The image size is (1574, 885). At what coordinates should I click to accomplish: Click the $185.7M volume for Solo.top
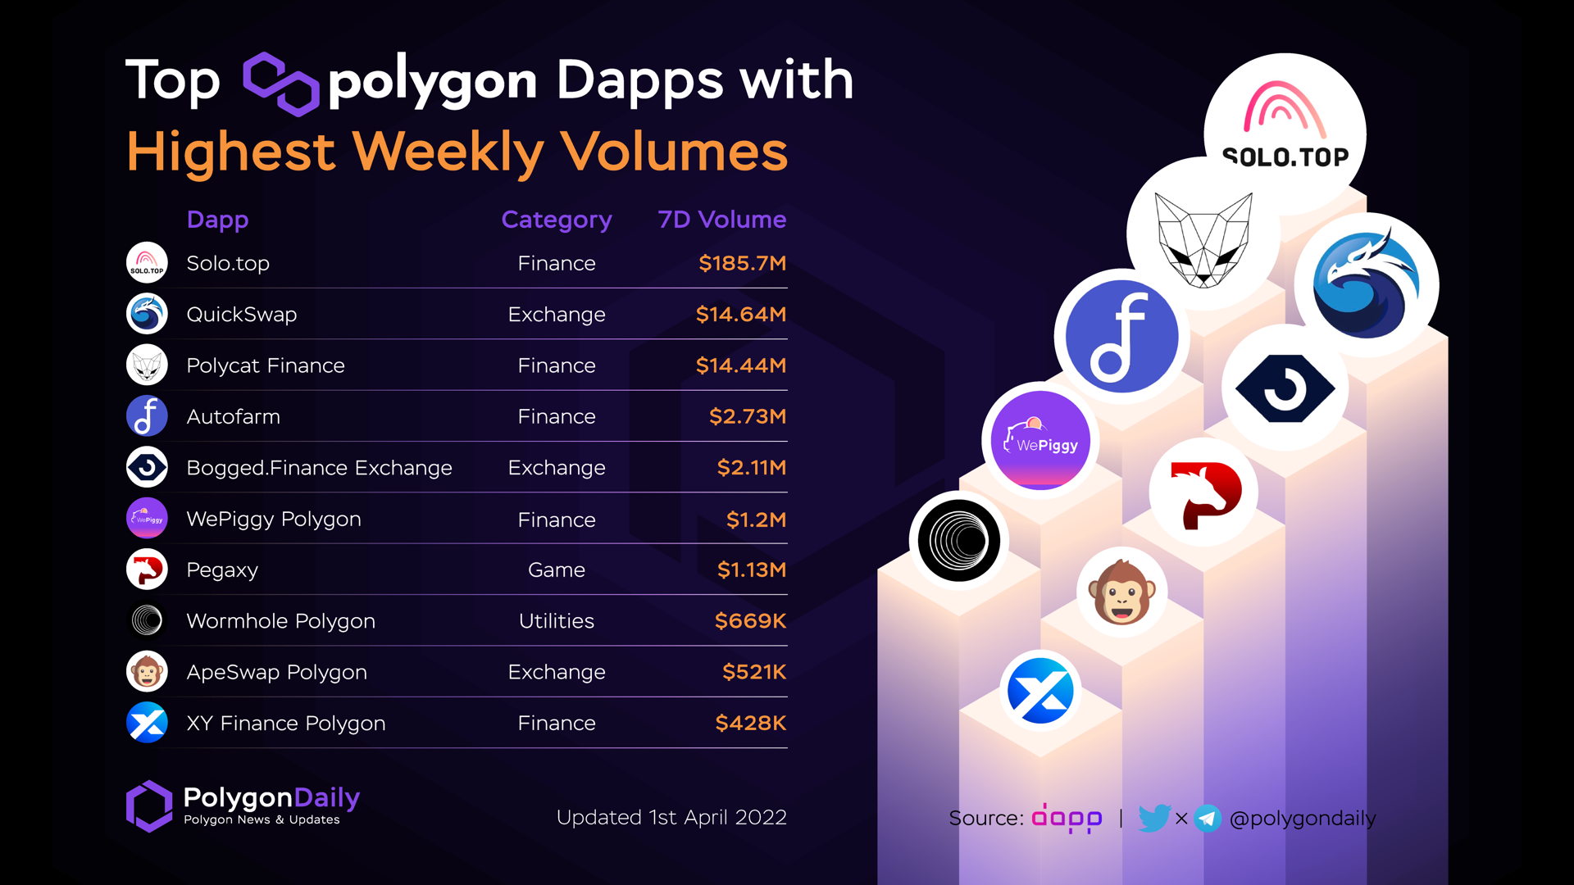pos(742,263)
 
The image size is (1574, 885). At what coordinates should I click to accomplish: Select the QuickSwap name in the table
pos(241,315)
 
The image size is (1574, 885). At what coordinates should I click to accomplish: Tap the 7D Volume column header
pos(721,220)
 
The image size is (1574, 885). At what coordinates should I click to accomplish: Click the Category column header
pos(556,220)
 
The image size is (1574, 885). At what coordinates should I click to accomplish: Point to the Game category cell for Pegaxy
pos(556,570)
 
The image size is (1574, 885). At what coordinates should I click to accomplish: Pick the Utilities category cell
pos(556,621)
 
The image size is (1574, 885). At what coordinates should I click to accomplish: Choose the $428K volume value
pos(750,723)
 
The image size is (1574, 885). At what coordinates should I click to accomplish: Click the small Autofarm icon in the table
pos(147,416)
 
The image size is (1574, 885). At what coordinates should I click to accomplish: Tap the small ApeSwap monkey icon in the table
pos(147,672)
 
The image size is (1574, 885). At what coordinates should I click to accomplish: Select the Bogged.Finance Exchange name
pos(319,468)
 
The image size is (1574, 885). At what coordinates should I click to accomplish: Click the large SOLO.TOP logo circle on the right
pos(1284,131)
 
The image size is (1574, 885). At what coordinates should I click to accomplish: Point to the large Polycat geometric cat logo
pos(1203,238)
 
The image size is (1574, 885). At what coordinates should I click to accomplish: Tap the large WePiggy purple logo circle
pos(1039,441)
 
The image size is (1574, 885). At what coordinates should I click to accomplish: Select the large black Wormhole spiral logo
pos(958,541)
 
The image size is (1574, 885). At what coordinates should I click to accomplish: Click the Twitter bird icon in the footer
pos(1153,818)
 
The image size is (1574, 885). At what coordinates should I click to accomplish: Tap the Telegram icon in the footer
pos(1207,818)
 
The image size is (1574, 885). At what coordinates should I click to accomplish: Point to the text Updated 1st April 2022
pos(671,818)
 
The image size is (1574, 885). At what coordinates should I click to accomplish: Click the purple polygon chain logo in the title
pos(280,83)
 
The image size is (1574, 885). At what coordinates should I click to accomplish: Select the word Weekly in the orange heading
pos(448,152)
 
